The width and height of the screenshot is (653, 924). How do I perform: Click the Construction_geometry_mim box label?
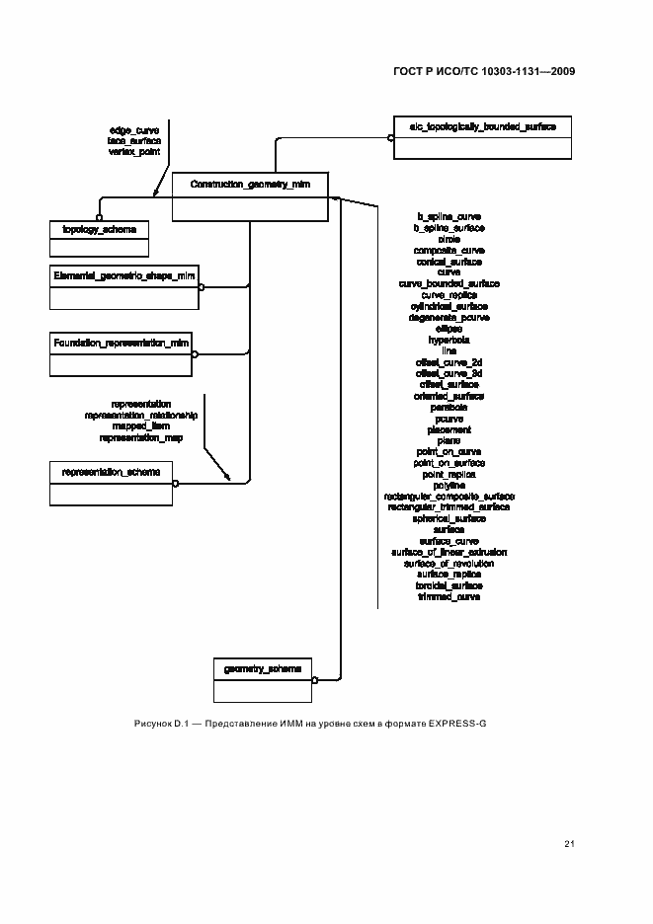(x=250, y=185)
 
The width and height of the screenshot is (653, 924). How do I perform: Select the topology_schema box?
(x=99, y=238)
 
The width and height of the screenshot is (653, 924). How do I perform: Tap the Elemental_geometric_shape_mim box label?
(x=124, y=275)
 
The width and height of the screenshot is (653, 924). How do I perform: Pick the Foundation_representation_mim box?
(x=121, y=353)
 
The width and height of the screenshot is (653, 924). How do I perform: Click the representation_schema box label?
(x=111, y=472)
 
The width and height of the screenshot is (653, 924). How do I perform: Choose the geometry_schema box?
(x=263, y=678)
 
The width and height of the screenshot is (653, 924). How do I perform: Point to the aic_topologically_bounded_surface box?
(x=482, y=136)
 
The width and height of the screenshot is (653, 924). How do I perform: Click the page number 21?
(x=569, y=843)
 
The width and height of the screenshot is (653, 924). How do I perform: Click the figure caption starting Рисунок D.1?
(x=310, y=724)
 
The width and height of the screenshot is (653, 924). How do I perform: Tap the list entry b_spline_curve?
(x=449, y=216)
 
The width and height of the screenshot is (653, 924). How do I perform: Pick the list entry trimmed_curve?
(x=449, y=597)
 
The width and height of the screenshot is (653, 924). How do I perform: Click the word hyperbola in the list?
(x=449, y=340)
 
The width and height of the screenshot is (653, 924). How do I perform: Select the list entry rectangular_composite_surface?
(x=449, y=497)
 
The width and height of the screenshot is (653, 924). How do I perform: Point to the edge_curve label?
(x=134, y=130)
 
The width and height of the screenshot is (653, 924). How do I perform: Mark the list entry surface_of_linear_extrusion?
(x=449, y=553)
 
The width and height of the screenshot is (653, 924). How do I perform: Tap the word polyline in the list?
(x=449, y=486)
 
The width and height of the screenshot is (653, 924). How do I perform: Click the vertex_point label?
(x=134, y=152)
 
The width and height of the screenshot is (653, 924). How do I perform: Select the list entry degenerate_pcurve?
(x=449, y=317)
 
